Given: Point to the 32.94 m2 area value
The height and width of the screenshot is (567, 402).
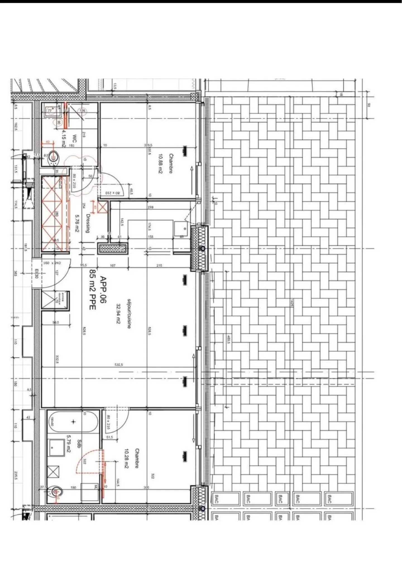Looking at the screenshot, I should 118,313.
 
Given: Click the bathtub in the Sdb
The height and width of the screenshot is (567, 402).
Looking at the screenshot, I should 73,422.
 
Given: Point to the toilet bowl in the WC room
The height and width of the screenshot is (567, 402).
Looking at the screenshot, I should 54,158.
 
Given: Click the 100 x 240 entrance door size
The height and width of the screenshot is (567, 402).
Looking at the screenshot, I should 52,263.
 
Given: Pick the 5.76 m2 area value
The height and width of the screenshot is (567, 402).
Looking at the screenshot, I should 77,223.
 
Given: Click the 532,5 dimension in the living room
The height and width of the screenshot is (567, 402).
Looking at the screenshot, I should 119,364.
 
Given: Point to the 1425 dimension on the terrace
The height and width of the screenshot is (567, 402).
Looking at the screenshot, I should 292,303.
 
